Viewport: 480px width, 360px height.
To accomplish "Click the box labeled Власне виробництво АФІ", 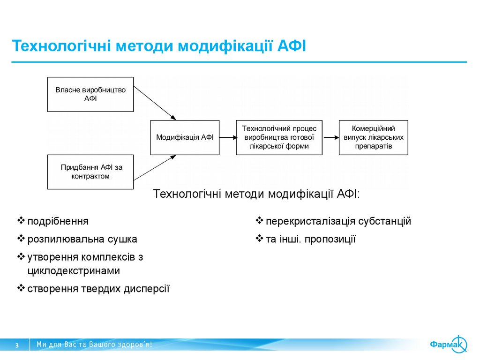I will coord(90,94).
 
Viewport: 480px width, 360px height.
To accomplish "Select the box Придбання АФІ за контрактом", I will coord(90,172).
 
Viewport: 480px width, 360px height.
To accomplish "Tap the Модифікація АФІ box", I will coord(185,137).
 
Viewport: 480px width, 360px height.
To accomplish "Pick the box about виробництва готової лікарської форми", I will coord(279,137).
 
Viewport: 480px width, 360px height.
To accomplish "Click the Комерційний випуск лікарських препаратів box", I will coord(373,137).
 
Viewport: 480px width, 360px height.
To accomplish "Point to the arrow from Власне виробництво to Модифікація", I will coord(155,103).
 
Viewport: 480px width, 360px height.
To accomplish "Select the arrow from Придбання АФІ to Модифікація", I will coord(155,167).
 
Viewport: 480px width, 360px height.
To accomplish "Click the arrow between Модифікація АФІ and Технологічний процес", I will coord(227,137).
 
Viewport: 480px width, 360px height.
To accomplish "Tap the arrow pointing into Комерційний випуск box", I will coord(330,137).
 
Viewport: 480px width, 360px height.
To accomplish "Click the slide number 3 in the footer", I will coord(17,345).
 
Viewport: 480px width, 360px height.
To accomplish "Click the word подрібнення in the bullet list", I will coord(58,221).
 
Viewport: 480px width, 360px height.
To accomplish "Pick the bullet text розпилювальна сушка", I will coord(82,239).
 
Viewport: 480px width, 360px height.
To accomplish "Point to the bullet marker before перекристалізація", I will coord(259,221).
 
